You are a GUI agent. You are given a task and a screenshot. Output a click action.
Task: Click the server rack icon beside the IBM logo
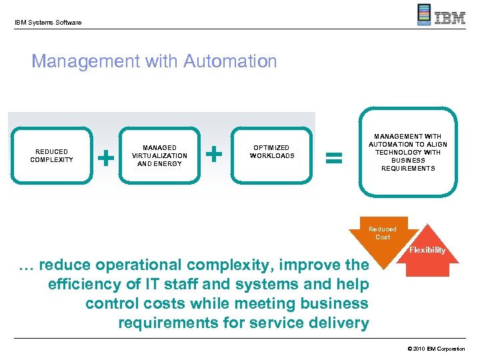pyautogui.click(x=424, y=15)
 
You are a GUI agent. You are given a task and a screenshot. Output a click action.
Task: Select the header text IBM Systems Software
pyautogui.click(x=48, y=23)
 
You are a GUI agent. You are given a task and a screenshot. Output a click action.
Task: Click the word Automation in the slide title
pyautogui.click(x=230, y=62)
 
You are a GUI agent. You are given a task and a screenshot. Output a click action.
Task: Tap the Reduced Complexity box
pyautogui.click(x=51, y=155)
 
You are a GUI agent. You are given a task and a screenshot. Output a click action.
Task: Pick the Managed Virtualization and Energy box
pyautogui.click(x=159, y=155)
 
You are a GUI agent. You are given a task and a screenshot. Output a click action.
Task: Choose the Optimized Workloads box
pyautogui.click(x=272, y=152)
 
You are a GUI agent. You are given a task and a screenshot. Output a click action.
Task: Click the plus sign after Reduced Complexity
pyautogui.click(x=105, y=157)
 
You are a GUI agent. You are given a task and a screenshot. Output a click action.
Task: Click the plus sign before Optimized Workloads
pyautogui.click(x=214, y=154)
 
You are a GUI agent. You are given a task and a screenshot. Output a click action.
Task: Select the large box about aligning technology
pyautogui.click(x=408, y=153)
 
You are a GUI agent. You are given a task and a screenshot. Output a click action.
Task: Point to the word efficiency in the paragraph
pyautogui.click(x=84, y=285)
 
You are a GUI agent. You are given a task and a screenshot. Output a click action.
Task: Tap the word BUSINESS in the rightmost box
pyautogui.click(x=408, y=161)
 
